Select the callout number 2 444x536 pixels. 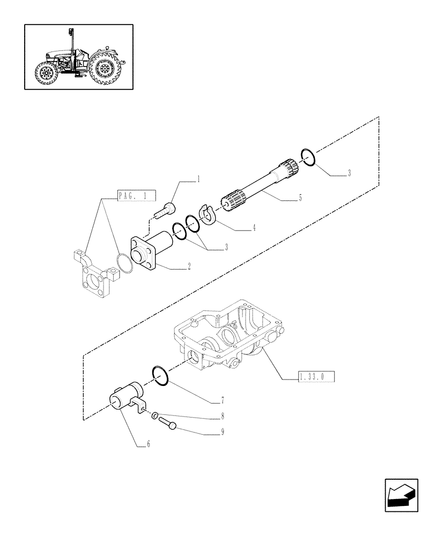(189, 266)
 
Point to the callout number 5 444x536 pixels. (300, 198)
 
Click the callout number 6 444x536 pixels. (149, 444)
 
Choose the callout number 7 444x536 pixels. (221, 400)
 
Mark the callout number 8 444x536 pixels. (221, 415)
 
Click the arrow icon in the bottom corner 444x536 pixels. (401, 496)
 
